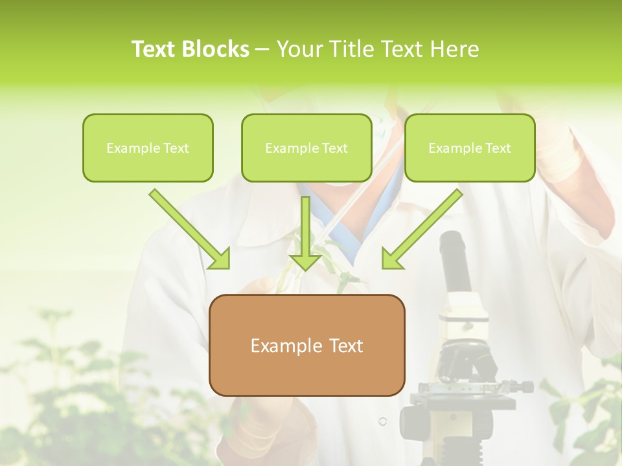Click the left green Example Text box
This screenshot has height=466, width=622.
tap(148, 148)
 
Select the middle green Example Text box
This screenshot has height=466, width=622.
tap(306, 148)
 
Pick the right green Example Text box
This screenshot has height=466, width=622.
tap(470, 148)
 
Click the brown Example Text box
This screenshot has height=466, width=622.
tap(306, 345)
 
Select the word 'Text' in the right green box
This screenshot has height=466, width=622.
tap(498, 148)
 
